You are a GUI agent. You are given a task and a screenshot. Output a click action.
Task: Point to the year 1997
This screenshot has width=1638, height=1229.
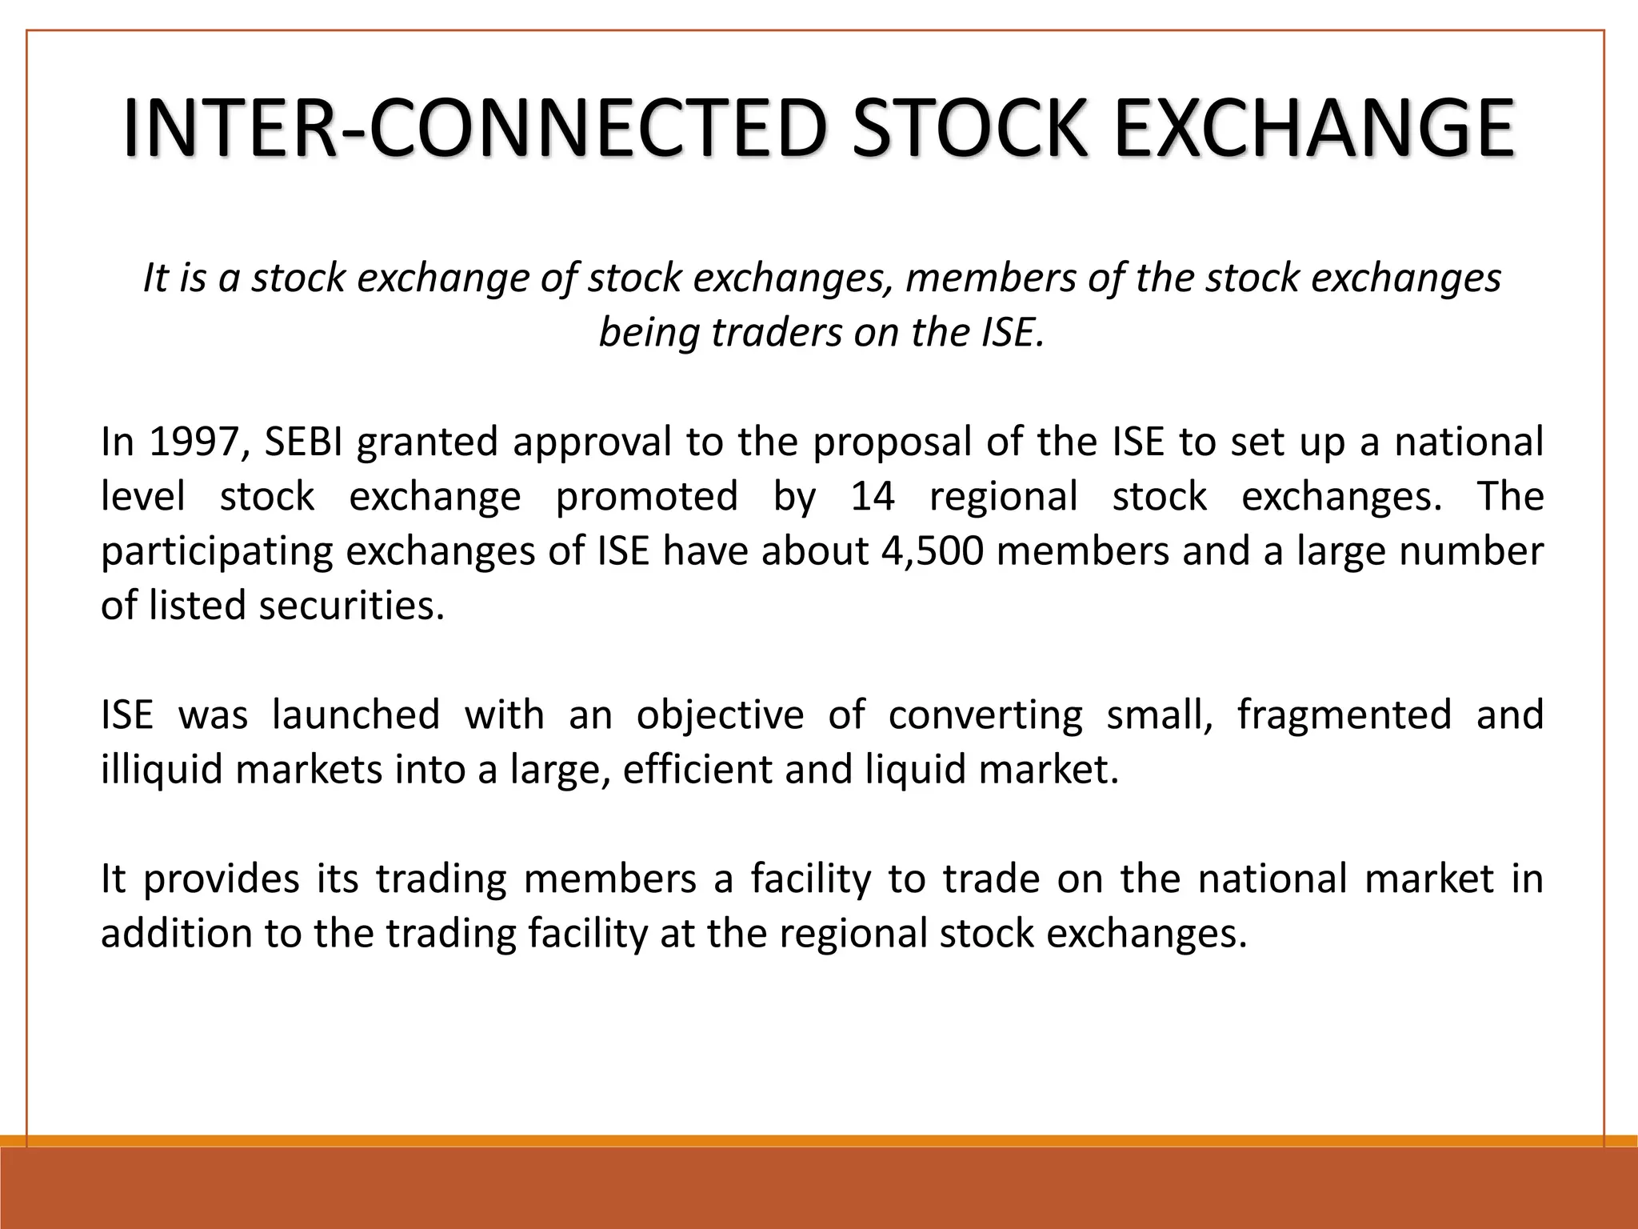[x=194, y=442]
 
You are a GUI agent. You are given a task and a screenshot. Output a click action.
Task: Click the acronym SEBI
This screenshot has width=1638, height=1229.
[x=303, y=442]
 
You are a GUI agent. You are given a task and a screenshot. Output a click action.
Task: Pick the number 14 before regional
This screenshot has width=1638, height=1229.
[x=872, y=496]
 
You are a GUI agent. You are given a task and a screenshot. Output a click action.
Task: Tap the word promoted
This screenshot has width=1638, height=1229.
[x=646, y=496]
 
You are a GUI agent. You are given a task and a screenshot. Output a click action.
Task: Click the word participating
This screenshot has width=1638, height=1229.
[x=216, y=552]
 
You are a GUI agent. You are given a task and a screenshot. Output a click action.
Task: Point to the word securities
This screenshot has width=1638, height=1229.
[x=351, y=606]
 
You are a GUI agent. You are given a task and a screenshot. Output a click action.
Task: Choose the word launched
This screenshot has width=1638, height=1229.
[x=356, y=714]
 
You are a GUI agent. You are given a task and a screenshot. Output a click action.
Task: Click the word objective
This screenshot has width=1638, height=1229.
[x=720, y=714]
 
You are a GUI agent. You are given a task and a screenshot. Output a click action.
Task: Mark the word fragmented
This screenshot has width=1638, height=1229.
[x=1344, y=715]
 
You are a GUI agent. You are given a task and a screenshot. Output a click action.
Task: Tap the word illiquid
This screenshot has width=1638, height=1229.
[x=162, y=770]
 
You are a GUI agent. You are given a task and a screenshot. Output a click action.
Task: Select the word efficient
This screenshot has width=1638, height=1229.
[x=695, y=770]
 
